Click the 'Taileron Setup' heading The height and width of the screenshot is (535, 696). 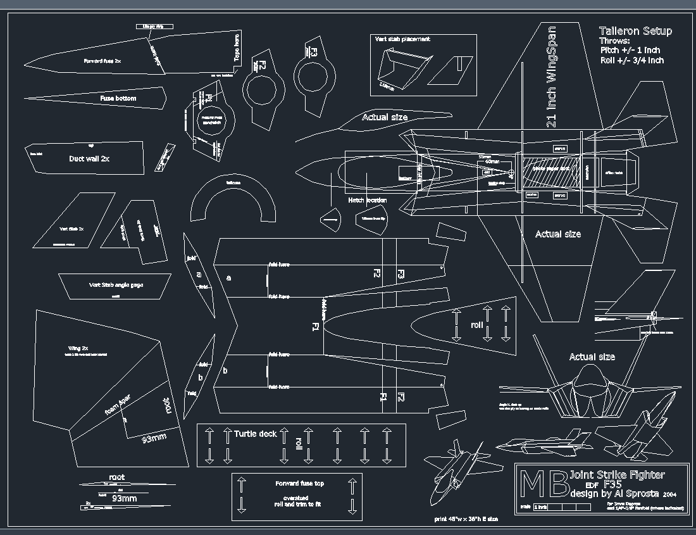[x=635, y=31]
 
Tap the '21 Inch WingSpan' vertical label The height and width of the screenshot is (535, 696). [x=551, y=77]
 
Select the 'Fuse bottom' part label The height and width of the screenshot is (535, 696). [x=118, y=99]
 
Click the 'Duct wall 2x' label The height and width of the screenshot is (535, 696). [x=89, y=159]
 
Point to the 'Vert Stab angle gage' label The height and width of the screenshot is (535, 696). [x=116, y=285]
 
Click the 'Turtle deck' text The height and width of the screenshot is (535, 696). [x=256, y=434]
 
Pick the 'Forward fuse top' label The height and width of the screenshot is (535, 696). [x=299, y=483]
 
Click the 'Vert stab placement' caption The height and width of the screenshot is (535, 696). [x=402, y=39]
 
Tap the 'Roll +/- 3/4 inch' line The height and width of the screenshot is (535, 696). [x=632, y=61]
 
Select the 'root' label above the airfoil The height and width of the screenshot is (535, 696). [x=117, y=477]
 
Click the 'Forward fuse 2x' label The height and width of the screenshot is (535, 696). [x=103, y=61]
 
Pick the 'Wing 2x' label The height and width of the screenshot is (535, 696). [x=78, y=349]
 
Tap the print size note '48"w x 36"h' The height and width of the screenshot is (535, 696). [x=466, y=519]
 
